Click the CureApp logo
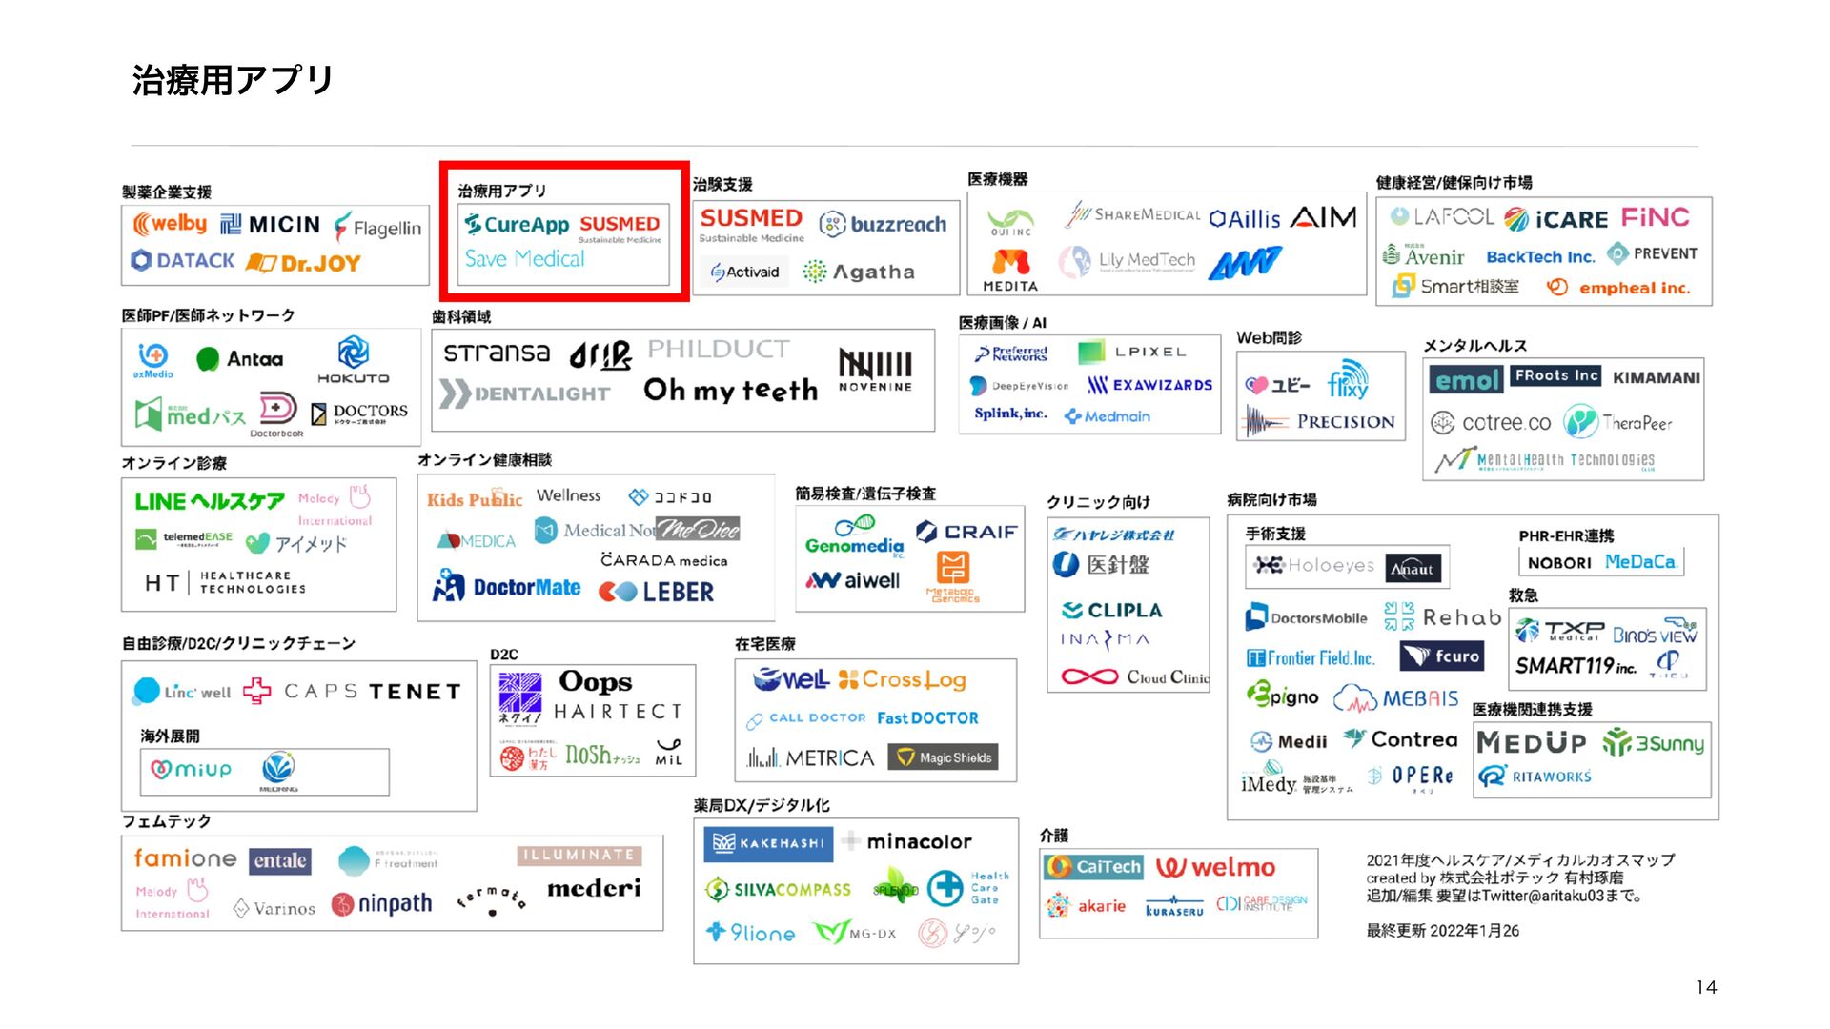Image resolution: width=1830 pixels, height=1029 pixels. click(517, 225)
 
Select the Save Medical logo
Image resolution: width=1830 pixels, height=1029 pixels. click(524, 259)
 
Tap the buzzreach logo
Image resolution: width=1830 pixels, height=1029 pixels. click(884, 224)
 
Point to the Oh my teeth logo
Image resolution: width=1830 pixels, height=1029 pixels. click(730, 390)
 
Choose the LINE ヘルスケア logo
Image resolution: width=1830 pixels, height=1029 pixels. click(209, 501)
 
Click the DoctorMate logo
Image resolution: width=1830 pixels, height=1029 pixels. click(507, 587)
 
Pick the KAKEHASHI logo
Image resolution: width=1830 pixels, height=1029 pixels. click(768, 843)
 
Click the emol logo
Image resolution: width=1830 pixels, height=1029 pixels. click(1466, 380)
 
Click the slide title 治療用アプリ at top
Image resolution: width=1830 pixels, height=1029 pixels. click(233, 80)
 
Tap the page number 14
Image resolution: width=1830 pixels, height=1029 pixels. click(1705, 987)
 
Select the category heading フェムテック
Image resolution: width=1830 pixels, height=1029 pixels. click(166, 821)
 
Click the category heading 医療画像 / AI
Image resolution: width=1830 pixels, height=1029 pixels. click(1002, 323)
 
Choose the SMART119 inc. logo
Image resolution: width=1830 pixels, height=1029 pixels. click(1575, 666)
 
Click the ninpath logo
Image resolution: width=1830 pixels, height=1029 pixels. click(382, 903)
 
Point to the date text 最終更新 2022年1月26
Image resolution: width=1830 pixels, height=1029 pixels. click(1442, 931)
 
